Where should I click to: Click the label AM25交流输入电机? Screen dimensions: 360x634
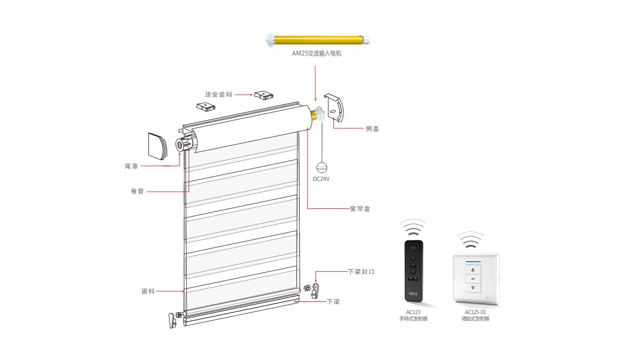click(317, 53)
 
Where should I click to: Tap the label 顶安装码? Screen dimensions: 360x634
click(219, 95)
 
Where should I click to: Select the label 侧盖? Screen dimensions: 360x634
click(372, 128)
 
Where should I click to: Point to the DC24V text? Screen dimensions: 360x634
click(321, 179)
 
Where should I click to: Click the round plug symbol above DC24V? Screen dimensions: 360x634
click(322, 167)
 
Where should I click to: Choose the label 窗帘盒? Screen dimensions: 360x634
click(359, 209)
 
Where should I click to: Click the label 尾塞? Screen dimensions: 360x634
click(132, 166)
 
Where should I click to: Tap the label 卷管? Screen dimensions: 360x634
click(137, 191)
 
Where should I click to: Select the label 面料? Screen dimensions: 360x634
click(148, 291)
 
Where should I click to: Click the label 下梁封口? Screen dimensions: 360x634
click(361, 272)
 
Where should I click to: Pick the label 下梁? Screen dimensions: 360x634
click(333, 302)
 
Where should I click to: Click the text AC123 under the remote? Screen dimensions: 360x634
click(414, 312)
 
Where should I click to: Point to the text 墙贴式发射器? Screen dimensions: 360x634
click(475, 319)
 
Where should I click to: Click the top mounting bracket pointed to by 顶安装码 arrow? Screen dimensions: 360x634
click(264, 95)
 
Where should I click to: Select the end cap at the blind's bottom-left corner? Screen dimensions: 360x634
click(172, 320)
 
